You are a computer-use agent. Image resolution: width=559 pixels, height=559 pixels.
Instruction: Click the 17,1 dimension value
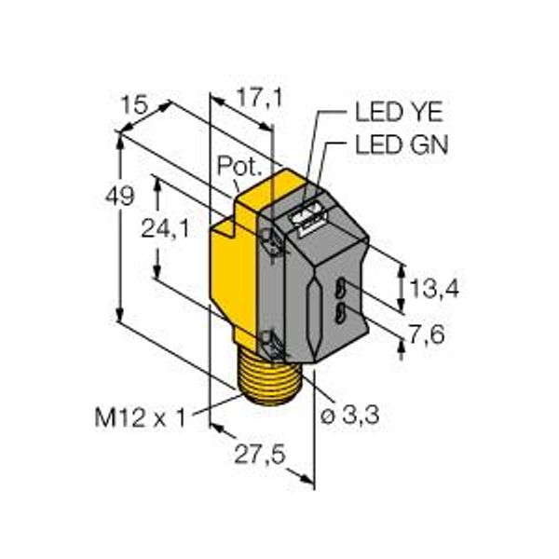pos(260,98)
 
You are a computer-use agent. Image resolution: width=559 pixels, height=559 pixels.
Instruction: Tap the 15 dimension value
pos(134,105)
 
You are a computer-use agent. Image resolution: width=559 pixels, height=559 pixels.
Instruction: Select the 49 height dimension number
pos(120,196)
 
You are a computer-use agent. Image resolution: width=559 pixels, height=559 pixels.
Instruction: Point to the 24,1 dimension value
pos(166,228)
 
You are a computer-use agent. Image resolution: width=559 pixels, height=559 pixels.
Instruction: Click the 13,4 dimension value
pos(434,288)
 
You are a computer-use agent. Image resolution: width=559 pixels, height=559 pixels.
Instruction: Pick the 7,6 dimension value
pos(427,334)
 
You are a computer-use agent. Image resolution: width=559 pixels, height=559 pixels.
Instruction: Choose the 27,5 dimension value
pos(260,455)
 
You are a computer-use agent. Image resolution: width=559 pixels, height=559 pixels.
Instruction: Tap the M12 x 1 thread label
pos(141,417)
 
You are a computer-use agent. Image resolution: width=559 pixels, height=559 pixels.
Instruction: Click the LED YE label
pos(399,112)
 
